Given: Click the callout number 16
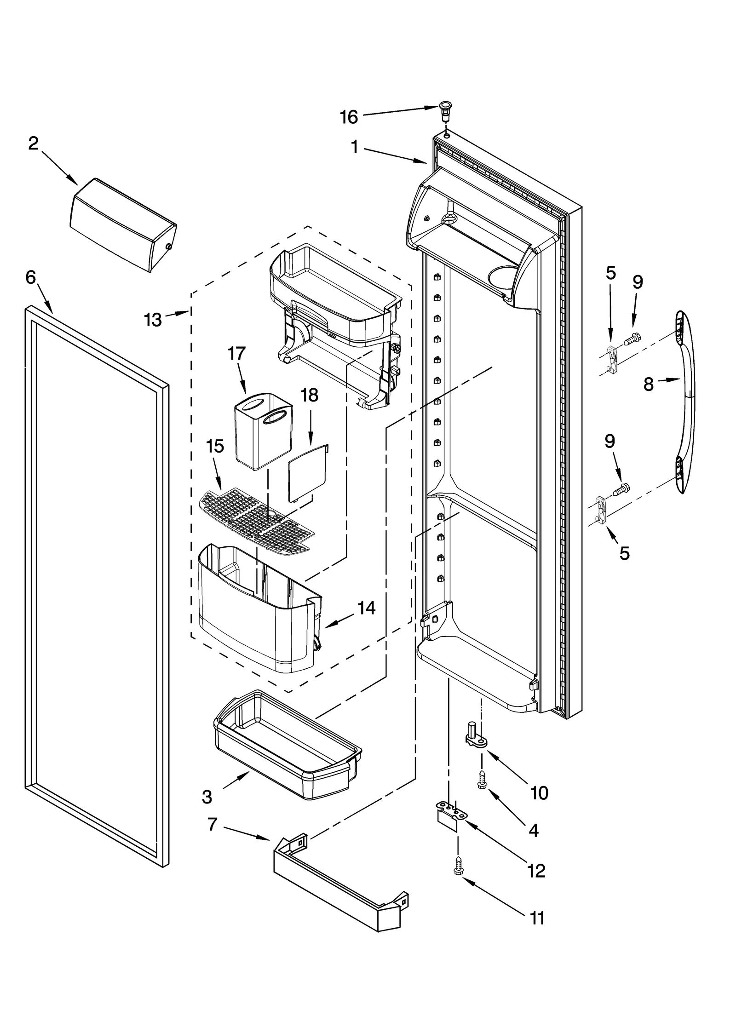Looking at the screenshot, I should [349, 117].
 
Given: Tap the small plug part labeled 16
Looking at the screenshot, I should [445, 111].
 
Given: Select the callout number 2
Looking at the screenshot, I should [33, 144].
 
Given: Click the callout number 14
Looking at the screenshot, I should [366, 608].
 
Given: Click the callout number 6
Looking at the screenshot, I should [30, 277].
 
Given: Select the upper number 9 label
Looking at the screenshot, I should [637, 281].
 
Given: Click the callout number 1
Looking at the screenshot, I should [355, 147].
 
